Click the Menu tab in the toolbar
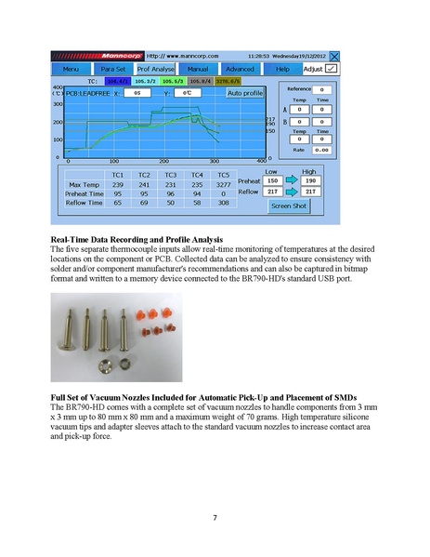click(71, 69)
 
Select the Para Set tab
click(112, 69)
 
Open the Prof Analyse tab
click(155, 69)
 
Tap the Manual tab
click(198, 69)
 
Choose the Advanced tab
click(241, 69)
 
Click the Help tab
click(282, 69)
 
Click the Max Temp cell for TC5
click(223, 185)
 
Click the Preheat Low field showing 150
click(273, 180)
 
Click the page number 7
click(215, 517)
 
